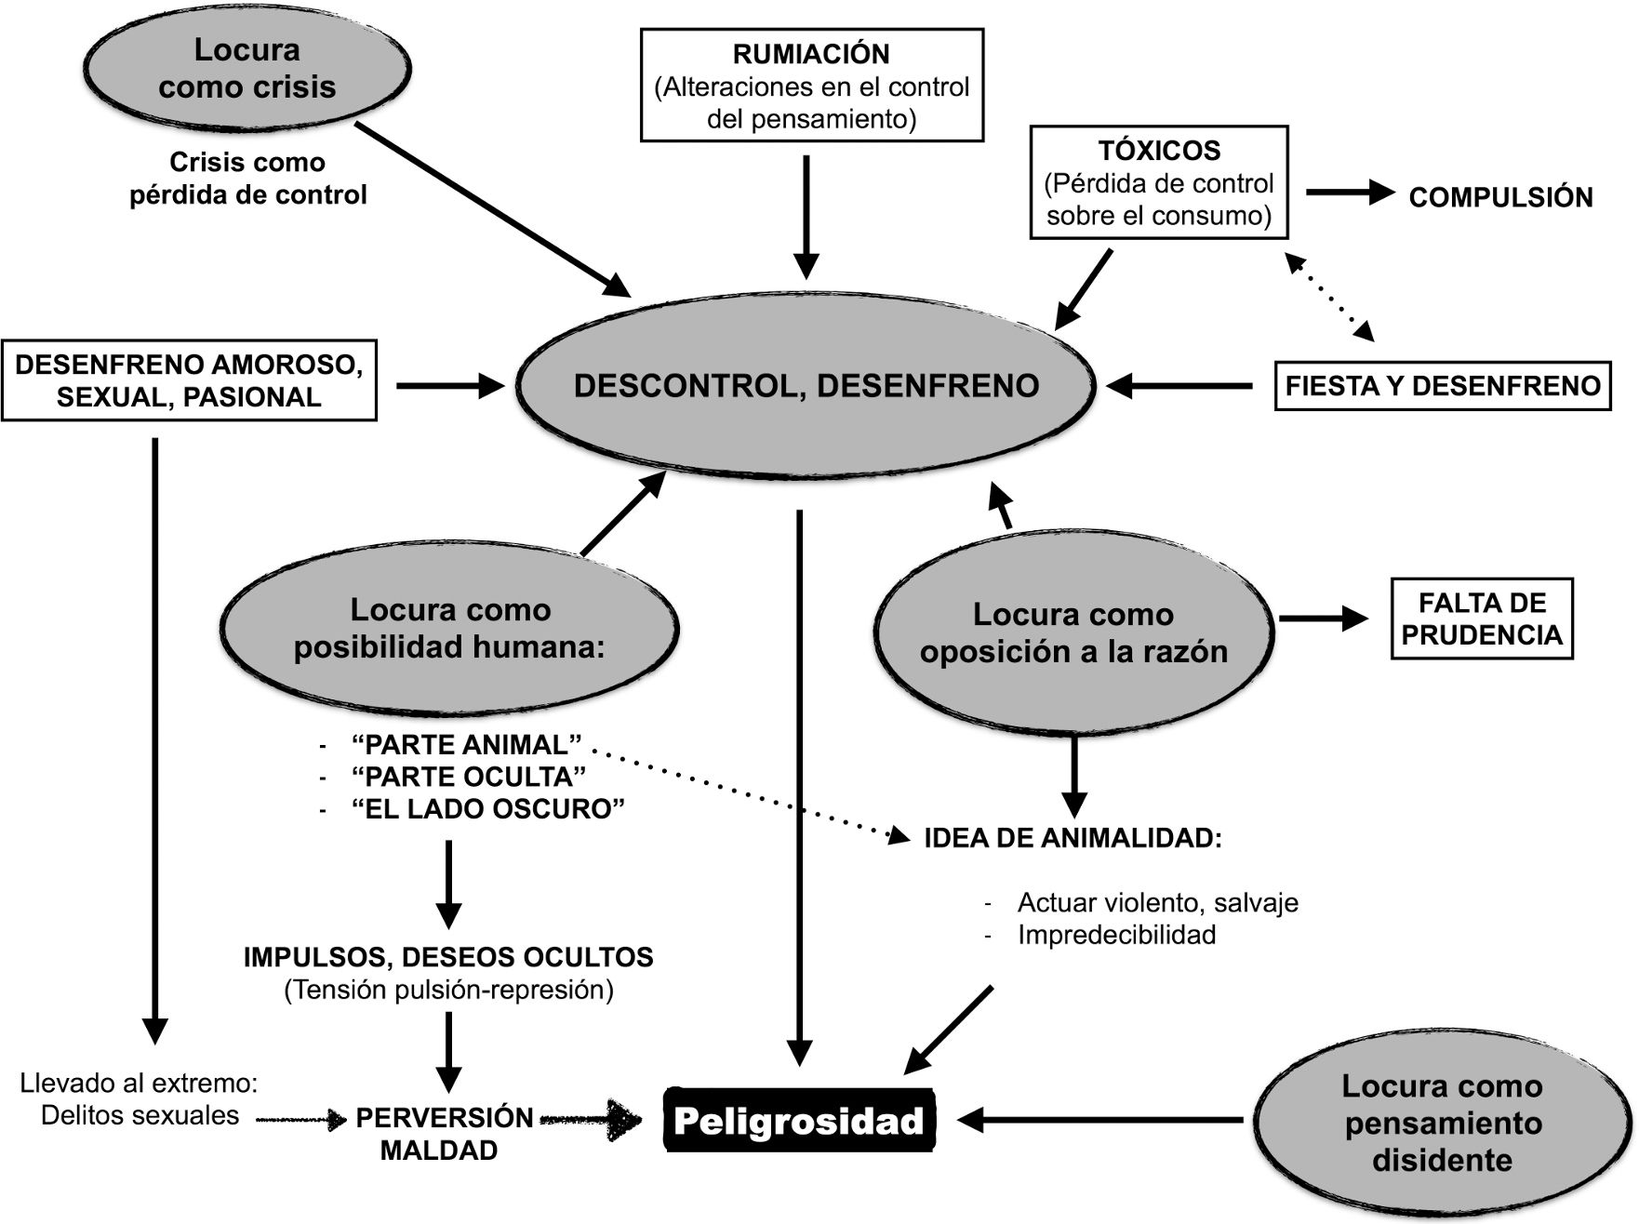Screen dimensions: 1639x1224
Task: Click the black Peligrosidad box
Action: pos(799,1121)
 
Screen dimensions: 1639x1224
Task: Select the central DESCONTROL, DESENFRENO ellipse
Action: pos(806,385)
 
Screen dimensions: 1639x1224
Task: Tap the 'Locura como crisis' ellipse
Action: pos(247,68)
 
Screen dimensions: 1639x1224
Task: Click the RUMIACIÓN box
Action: pos(812,86)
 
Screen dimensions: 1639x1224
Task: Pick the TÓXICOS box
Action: pos(1159,182)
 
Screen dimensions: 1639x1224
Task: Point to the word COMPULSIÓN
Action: pos(1500,197)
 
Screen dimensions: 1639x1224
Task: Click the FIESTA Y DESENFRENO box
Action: pos(1442,386)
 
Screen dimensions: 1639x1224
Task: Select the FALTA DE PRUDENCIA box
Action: pos(1482,619)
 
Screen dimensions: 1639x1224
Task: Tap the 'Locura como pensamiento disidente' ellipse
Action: pos(1442,1123)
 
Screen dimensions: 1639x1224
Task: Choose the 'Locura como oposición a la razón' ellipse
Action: pos(1073,632)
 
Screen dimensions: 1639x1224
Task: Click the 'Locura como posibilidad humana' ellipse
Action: pos(450,629)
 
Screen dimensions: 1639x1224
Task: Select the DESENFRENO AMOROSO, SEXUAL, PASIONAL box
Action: pos(189,380)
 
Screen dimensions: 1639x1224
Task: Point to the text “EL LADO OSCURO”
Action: pos(488,809)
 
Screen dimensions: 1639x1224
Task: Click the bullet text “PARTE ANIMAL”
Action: pos(467,745)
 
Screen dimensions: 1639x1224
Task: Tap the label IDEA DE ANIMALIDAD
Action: pos(1073,838)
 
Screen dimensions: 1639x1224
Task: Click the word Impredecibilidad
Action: pos(1116,935)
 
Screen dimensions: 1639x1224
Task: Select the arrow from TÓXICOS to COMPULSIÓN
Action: pos(1351,193)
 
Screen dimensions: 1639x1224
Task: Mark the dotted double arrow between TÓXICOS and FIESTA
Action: pos(1330,297)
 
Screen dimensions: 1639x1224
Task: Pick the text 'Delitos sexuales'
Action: pos(140,1116)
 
